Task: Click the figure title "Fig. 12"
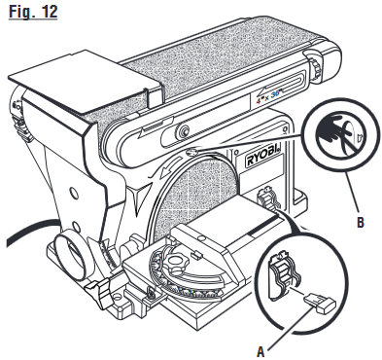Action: coord(32,18)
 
